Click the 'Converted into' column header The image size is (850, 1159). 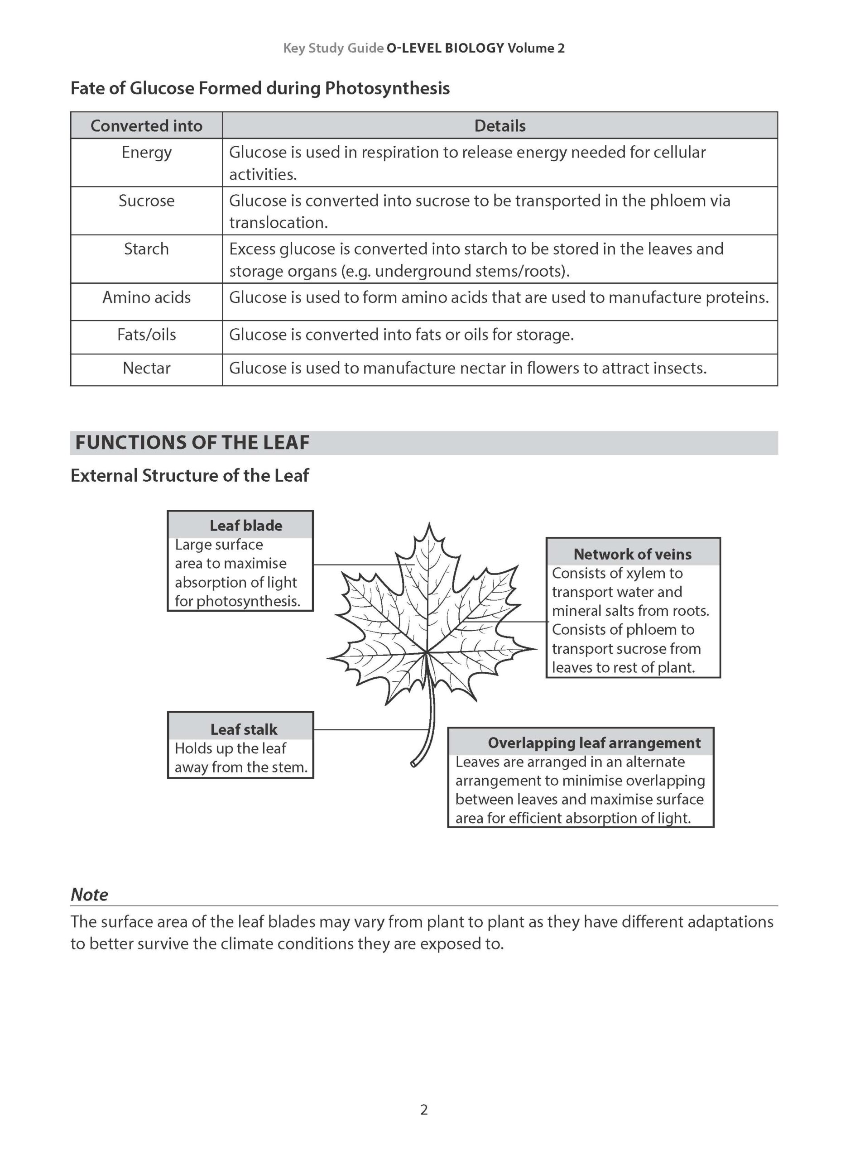146,125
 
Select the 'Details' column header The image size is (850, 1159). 499,125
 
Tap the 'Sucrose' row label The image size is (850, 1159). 146,201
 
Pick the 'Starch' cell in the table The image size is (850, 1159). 146,249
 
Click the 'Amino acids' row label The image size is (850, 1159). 146,297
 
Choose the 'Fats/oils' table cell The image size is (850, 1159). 146,335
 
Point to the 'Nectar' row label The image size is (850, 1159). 146,369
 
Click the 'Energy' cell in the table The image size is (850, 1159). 146,152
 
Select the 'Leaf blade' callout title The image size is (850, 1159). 245,525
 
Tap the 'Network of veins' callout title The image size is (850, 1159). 632,554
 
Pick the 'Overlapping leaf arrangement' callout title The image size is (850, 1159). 594,743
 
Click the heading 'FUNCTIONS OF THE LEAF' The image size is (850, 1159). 192,443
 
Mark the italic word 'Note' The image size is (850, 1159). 89,895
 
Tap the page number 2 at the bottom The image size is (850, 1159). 424,1110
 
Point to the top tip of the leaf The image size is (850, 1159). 429,524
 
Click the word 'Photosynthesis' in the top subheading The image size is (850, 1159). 387,88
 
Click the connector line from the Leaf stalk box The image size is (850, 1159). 370,729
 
